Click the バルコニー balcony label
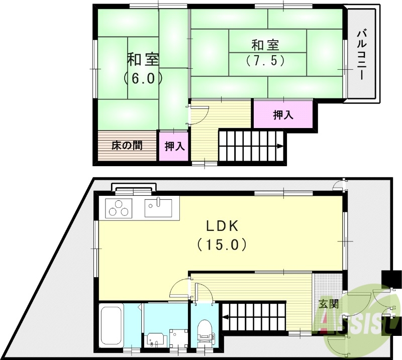[361, 54]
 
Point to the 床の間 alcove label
[127, 146]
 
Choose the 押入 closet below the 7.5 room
[283, 115]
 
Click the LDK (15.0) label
[221, 235]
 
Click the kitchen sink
[158, 206]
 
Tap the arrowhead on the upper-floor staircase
[279, 147]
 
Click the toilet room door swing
[203, 294]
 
